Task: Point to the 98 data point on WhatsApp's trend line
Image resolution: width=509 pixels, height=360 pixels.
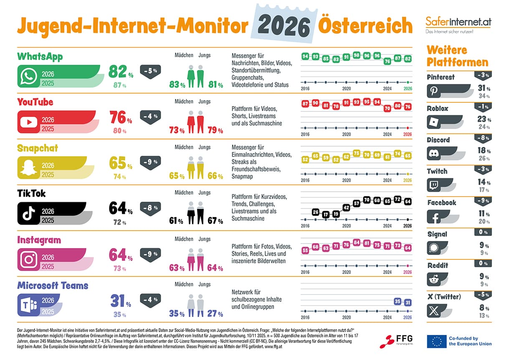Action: (x=357, y=55)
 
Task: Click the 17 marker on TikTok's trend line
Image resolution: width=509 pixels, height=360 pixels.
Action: (x=326, y=214)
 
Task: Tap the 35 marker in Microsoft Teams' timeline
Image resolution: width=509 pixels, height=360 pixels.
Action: (x=398, y=301)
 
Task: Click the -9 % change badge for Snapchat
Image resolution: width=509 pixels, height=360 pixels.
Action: (x=150, y=162)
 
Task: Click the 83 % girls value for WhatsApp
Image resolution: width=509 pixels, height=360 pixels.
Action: (x=177, y=84)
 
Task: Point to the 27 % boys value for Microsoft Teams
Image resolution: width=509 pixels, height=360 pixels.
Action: (x=215, y=314)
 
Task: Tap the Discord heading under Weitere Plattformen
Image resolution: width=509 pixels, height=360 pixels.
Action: (x=438, y=140)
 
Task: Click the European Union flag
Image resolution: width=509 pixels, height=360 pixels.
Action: (x=436, y=341)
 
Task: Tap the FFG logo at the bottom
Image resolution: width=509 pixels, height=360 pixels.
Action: (x=393, y=341)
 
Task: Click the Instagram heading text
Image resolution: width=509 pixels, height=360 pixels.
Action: (x=39, y=240)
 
